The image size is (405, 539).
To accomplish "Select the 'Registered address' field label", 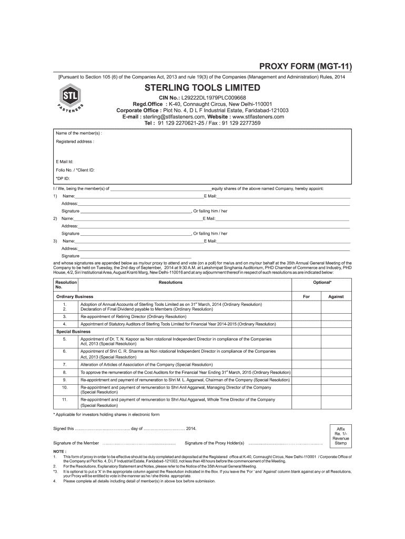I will (75, 142).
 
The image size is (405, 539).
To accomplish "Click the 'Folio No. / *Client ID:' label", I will (76, 170).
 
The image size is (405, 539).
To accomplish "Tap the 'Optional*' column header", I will (322, 283).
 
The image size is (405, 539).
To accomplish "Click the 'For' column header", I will (307, 296).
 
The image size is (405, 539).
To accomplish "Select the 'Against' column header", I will (336, 296).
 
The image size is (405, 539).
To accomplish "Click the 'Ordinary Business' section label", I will (75, 296).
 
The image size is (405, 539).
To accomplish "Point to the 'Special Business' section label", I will (74, 332).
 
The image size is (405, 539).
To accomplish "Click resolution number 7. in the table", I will (64, 364).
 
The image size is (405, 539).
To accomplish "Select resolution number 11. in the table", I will (64, 400).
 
